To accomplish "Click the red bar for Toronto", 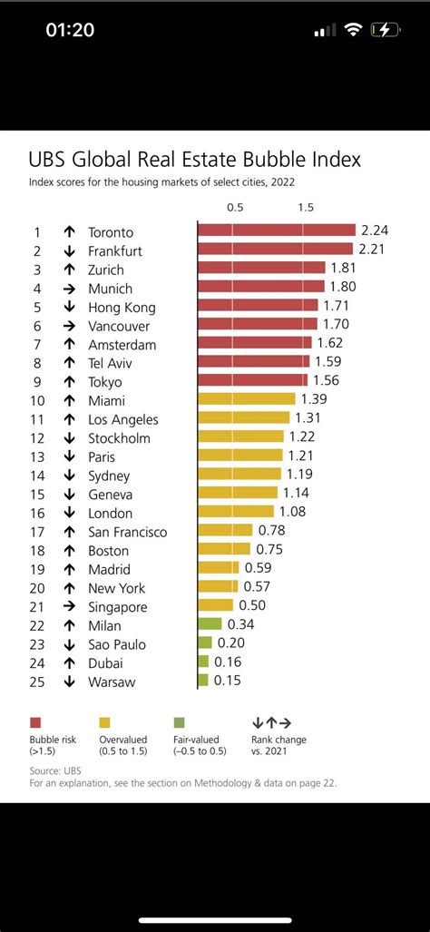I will click(x=276, y=231).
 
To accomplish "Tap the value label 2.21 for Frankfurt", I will click(x=375, y=249).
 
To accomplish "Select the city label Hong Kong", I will click(x=122, y=308).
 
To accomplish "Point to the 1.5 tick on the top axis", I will click(x=305, y=207).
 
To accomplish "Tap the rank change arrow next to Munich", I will click(x=69, y=289).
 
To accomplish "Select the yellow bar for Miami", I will click(x=246, y=399).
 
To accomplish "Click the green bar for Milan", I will click(x=210, y=624).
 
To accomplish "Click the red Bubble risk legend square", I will click(x=35, y=722).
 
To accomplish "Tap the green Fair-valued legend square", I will click(x=179, y=722).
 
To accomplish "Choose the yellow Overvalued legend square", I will click(x=104, y=722).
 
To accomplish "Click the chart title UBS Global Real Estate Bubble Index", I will click(x=195, y=160).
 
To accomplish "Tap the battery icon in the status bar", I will click(x=386, y=30).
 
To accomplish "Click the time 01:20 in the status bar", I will click(x=70, y=30).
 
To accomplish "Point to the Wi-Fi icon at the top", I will click(x=352, y=30).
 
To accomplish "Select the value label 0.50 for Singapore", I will click(x=252, y=605).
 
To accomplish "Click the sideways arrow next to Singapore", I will click(x=69, y=606).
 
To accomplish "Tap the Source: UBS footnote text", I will click(x=52, y=770).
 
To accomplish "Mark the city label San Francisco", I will click(x=127, y=532).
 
